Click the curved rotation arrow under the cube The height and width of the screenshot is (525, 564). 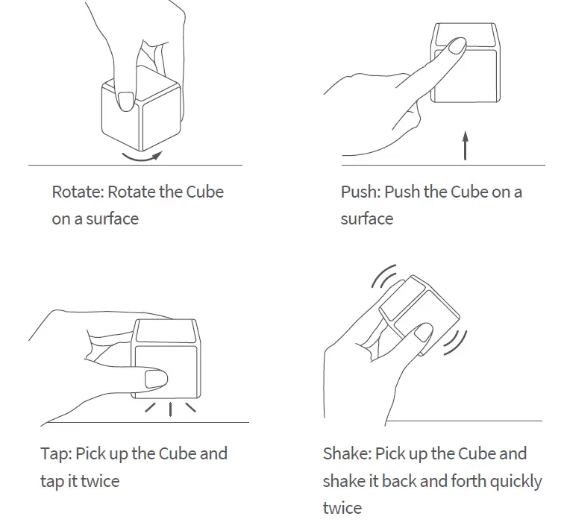coord(141,156)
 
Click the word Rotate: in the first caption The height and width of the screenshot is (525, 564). coord(78,192)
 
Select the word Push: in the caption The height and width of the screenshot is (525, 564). coord(361,192)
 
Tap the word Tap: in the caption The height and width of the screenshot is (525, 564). coord(56,453)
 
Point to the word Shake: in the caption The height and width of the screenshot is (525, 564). coord(347,453)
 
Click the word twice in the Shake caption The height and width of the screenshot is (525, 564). coord(342,508)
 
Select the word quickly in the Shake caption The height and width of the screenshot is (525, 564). coord(514,481)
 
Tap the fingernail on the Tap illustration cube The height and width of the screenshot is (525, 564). coord(156,378)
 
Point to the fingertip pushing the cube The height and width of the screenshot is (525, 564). coord(452,49)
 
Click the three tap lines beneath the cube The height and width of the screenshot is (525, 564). coord(170,408)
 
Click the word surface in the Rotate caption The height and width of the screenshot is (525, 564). coord(112,219)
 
